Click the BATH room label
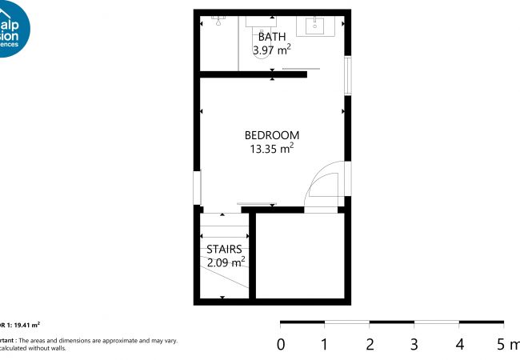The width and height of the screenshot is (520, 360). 272,37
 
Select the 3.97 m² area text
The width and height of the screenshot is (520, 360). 272,50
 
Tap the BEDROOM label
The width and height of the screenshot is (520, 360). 272,134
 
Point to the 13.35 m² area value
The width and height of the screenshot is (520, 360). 272,148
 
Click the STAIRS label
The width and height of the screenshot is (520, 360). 224,249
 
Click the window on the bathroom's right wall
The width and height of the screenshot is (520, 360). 347,77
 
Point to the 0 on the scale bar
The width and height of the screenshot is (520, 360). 280,345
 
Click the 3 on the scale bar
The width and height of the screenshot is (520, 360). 414,345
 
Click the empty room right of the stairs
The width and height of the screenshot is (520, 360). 299,256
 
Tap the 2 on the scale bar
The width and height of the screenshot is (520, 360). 370,345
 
